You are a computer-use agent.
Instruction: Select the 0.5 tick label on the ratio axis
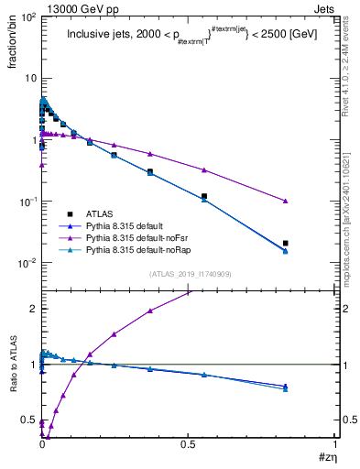tap(27, 420)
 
